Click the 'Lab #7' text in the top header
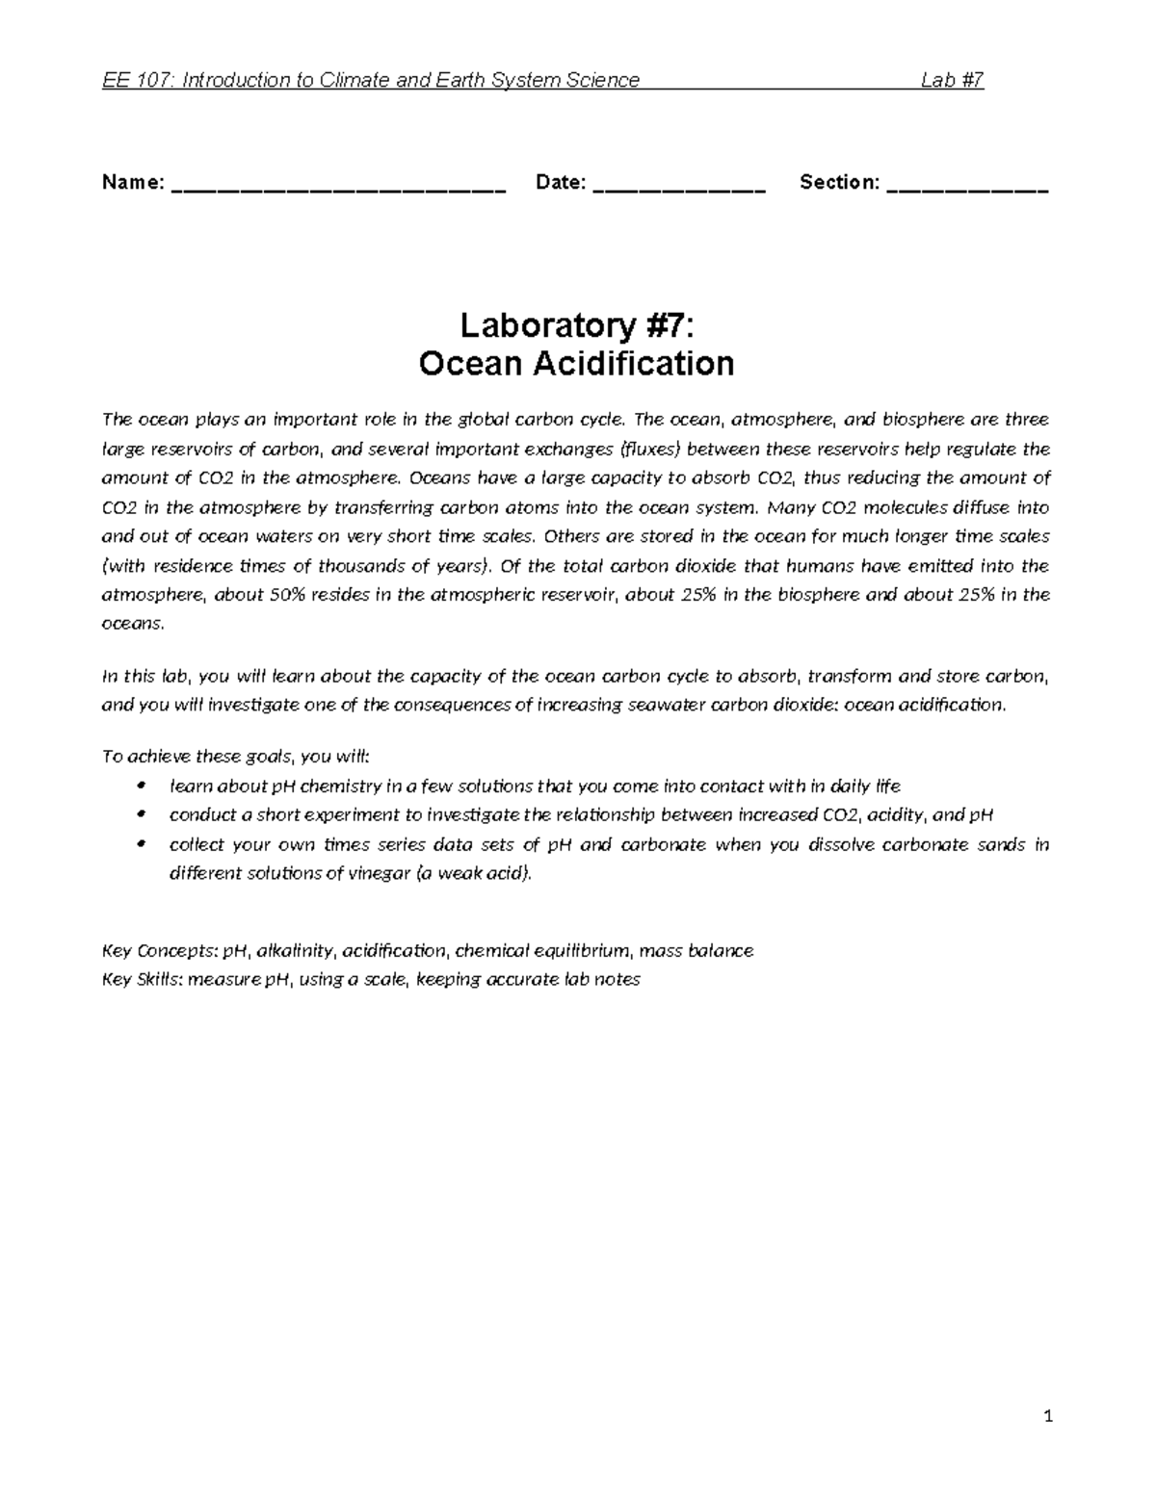pyautogui.click(x=952, y=81)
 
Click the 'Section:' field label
pyautogui.click(x=839, y=183)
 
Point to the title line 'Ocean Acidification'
pyautogui.click(x=576, y=364)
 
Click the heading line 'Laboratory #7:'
pyautogui.click(x=576, y=326)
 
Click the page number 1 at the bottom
pyautogui.click(x=1049, y=1417)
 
